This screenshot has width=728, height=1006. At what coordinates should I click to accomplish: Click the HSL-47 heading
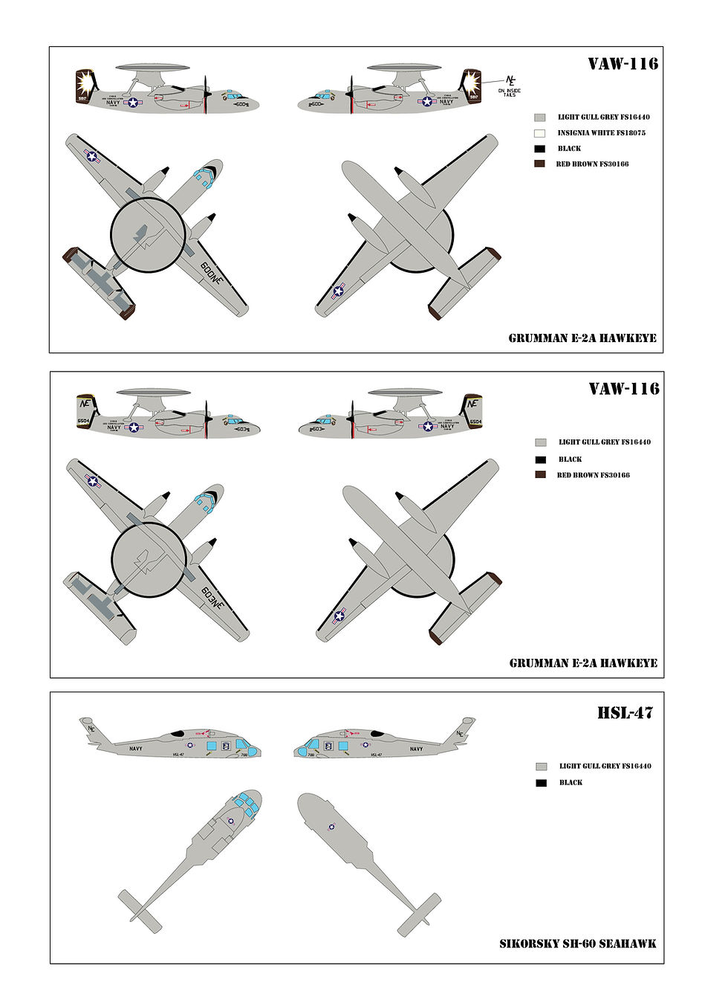point(624,713)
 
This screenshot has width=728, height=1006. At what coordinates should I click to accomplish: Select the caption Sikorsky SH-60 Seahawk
point(577,944)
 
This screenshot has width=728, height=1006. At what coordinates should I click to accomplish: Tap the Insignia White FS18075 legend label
point(601,133)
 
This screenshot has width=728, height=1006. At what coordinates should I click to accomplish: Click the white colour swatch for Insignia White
point(540,133)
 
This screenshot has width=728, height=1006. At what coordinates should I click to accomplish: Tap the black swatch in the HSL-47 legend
point(541,783)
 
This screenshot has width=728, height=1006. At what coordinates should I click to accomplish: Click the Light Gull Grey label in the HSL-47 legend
point(605,766)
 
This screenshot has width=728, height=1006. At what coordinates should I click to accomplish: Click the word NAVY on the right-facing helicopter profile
point(136,749)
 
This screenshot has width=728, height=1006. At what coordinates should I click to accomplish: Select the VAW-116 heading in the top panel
point(623,64)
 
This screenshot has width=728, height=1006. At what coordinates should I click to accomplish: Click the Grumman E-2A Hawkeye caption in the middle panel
point(583,662)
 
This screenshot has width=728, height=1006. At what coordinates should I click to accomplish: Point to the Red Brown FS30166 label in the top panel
point(592,164)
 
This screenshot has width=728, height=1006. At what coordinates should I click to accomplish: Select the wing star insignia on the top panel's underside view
point(339,291)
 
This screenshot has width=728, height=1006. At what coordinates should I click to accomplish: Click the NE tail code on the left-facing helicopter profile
point(459,734)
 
